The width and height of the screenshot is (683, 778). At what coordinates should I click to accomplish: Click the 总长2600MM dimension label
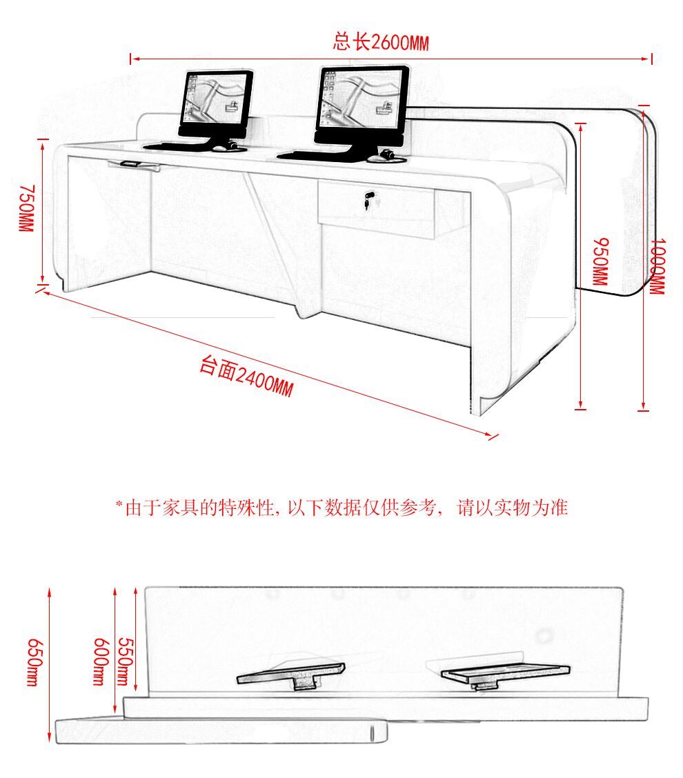(381, 42)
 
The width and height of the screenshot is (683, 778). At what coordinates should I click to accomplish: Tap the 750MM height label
(27, 208)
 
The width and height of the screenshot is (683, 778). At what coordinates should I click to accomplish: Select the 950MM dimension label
(601, 261)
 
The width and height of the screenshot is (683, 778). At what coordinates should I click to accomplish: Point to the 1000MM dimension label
(657, 266)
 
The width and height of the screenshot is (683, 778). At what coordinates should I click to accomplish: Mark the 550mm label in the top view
(125, 661)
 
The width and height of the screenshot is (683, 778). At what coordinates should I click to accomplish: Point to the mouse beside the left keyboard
(228, 146)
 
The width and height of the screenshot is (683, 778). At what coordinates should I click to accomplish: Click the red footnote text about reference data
(341, 508)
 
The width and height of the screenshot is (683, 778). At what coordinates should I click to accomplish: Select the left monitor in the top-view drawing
(291, 675)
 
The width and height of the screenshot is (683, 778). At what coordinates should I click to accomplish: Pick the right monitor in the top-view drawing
(505, 675)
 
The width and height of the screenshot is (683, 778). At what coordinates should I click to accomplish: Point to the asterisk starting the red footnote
(119, 504)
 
